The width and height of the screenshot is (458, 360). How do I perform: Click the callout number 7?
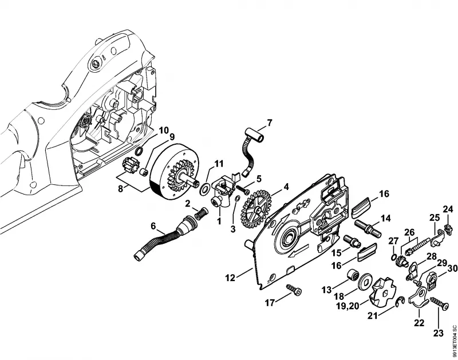(x=269, y=123)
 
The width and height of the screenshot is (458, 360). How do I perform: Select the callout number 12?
(x=230, y=278)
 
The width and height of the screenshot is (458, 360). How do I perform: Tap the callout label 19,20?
(x=348, y=306)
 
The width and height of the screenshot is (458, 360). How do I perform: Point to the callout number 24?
(x=448, y=209)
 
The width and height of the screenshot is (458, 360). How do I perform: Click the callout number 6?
(x=153, y=226)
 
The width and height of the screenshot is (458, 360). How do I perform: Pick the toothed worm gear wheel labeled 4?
(x=256, y=209)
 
